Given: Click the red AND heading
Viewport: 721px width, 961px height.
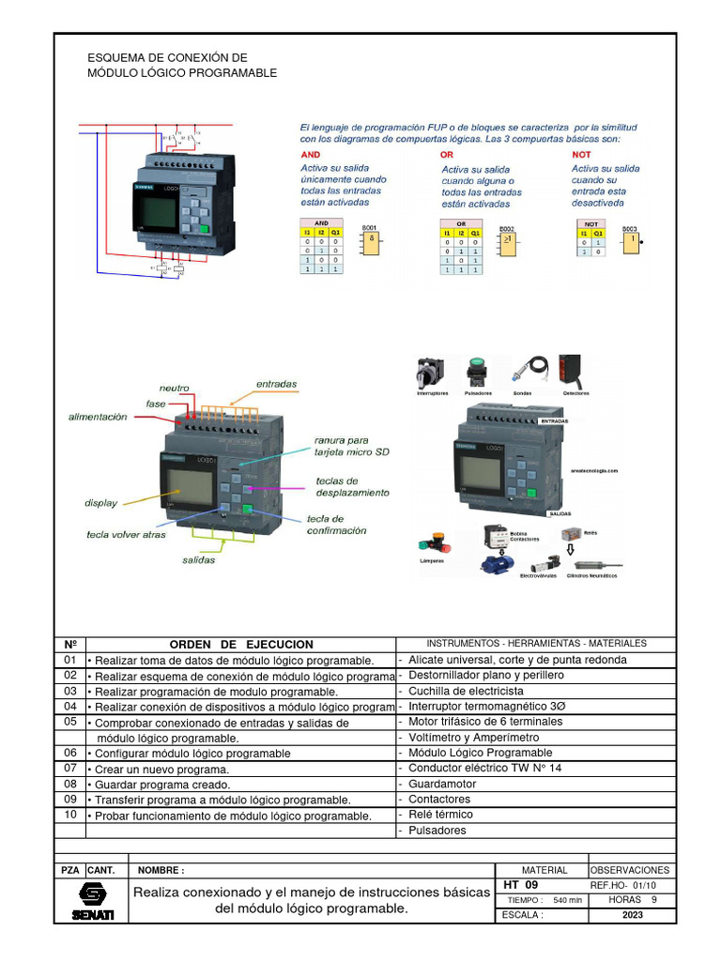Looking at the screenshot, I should (x=310, y=154).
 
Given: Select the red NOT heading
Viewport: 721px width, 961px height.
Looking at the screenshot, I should (x=582, y=154).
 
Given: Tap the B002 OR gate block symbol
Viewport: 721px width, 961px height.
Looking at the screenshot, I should (x=507, y=243).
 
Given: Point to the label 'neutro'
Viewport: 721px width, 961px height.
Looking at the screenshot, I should (x=174, y=388).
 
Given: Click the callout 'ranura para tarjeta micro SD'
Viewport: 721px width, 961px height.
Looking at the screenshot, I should (x=351, y=445).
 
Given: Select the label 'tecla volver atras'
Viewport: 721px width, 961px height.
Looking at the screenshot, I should (x=125, y=535).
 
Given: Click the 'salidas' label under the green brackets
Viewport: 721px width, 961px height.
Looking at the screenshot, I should (x=198, y=560).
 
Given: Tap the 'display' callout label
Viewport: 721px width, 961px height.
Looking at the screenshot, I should (x=100, y=503).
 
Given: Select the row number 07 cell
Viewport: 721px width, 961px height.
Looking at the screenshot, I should (x=70, y=769).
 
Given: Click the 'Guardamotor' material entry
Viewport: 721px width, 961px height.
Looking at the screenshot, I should (x=442, y=784).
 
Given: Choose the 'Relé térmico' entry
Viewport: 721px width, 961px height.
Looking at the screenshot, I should (x=440, y=815).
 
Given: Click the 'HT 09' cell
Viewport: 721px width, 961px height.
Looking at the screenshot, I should (x=521, y=885).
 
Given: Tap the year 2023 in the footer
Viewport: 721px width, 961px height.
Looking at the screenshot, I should (x=632, y=915).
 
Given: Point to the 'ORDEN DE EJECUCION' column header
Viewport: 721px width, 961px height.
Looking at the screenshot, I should (x=240, y=645).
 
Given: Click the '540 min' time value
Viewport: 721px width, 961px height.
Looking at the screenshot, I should (x=567, y=900).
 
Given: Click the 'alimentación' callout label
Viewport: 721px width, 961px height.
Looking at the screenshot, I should (x=97, y=418).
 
